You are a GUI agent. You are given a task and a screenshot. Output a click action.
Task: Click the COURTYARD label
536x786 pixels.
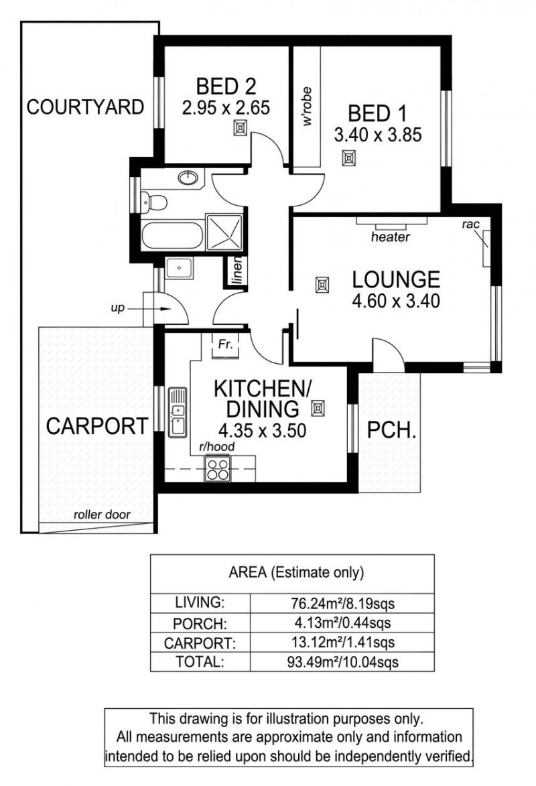(85, 107)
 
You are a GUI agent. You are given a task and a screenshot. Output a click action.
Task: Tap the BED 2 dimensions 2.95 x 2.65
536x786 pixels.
(226, 108)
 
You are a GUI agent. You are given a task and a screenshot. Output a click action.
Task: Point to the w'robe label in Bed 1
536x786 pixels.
(307, 106)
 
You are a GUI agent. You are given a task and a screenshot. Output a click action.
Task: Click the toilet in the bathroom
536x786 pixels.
(154, 202)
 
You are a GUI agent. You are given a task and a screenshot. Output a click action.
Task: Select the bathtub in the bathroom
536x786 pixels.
(172, 235)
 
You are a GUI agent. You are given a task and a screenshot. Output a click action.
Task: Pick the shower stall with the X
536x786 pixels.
(224, 232)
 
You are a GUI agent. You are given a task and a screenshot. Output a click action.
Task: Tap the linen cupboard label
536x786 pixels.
(239, 271)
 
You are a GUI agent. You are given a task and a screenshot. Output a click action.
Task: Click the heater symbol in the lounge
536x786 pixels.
(391, 220)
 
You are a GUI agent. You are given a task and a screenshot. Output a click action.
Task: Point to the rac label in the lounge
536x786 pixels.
(471, 224)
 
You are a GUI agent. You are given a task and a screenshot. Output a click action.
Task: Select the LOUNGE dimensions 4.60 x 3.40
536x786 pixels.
(396, 301)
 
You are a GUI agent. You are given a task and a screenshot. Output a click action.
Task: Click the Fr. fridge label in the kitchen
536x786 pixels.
(226, 344)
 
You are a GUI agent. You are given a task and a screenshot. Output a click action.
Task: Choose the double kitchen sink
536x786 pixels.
(178, 413)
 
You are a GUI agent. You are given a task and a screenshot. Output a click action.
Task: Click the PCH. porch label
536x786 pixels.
(391, 430)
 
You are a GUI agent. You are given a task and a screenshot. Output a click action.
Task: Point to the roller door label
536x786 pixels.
(102, 515)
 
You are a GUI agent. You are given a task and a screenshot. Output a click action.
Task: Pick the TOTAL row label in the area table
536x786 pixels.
(200, 661)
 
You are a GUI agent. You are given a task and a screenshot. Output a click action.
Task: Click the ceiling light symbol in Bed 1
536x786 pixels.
(348, 159)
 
